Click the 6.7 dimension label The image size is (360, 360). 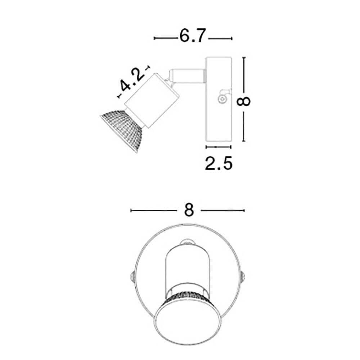(192, 36)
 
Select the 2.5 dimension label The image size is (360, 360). (219, 163)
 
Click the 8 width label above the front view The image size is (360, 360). (189, 210)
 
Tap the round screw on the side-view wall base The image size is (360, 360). (222, 100)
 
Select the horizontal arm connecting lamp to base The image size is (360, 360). (187, 76)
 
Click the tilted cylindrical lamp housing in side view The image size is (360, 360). (152, 100)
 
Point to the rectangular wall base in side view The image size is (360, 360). (219, 99)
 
